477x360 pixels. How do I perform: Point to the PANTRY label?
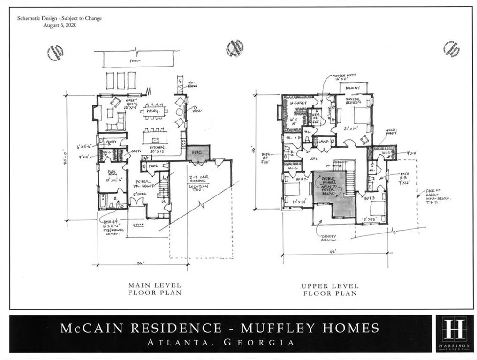pyautogui.click(x=111, y=140)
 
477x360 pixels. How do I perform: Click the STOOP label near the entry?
pyautogui.click(x=137, y=225)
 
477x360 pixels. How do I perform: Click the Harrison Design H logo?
pyautogui.click(x=454, y=330)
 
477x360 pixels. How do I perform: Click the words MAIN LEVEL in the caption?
pyautogui.click(x=155, y=285)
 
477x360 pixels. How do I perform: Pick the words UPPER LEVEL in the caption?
pyautogui.click(x=330, y=286)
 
